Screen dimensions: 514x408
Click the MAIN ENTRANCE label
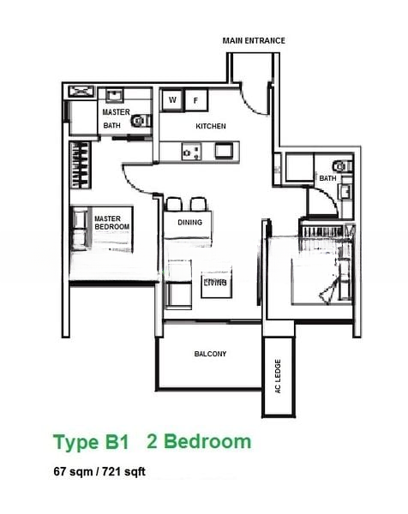[x=254, y=40]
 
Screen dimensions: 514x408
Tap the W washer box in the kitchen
[x=172, y=100]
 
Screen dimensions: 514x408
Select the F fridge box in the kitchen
[x=195, y=100]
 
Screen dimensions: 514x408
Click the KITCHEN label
[x=211, y=127]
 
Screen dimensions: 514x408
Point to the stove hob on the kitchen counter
[x=191, y=152]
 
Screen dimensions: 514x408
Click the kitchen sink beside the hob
[x=222, y=151]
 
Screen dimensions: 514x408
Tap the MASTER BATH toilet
[x=139, y=122]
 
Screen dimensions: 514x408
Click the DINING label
[x=189, y=223]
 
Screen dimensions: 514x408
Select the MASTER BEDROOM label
[x=111, y=222]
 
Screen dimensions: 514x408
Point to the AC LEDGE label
[x=277, y=376]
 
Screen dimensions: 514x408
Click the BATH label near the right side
[x=327, y=178]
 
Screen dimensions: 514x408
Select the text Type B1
[x=90, y=443]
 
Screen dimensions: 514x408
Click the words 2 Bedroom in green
[x=199, y=442]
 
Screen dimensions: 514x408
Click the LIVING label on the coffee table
[x=214, y=281]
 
